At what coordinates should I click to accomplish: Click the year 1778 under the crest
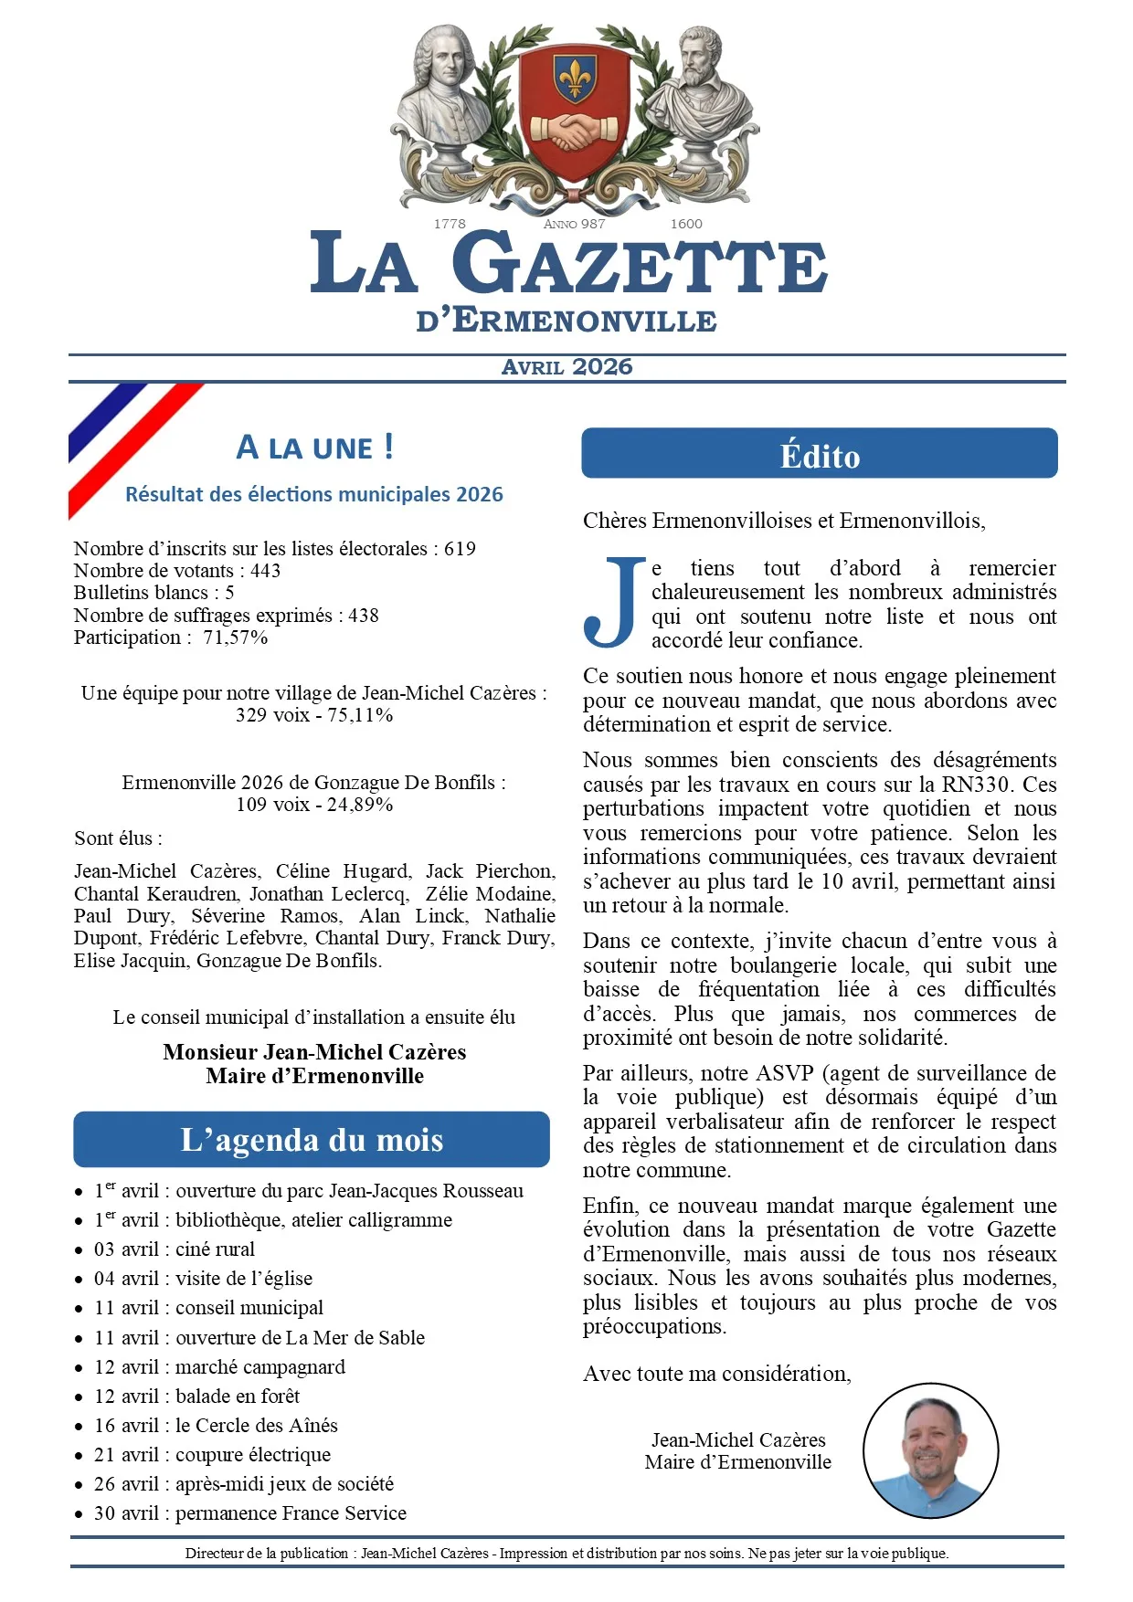[x=450, y=224]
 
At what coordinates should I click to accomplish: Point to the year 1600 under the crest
[x=686, y=224]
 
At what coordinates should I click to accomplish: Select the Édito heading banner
[x=820, y=454]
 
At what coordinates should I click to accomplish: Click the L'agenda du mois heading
[x=312, y=1140]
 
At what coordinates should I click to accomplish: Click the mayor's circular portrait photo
[x=930, y=1450]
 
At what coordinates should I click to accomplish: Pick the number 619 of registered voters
[x=460, y=549]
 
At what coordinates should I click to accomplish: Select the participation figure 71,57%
[x=236, y=638]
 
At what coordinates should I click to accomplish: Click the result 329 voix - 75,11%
[x=314, y=715]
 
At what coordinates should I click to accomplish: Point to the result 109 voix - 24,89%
[x=314, y=805]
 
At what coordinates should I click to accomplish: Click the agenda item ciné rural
[x=215, y=1249]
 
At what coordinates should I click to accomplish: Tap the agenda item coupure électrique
[x=253, y=1455]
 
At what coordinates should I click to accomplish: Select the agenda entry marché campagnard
[x=260, y=1367]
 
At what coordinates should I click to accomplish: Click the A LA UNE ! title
[x=314, y=448]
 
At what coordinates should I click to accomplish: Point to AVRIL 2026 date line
[x=566, y=367]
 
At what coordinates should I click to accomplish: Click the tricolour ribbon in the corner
[x=128, y=443]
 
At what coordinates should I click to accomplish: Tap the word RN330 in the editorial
[x=977, y=785]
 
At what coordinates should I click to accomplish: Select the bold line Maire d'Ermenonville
[x=314, y=1076]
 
